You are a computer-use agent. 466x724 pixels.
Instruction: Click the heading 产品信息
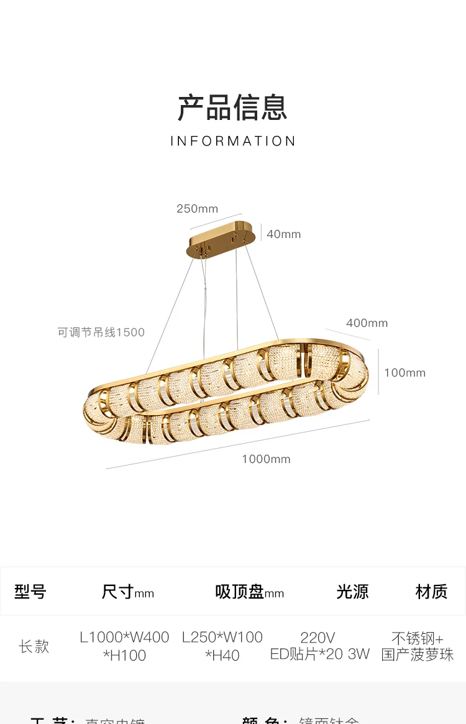(232, 108)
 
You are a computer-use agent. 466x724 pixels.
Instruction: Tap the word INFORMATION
(233, 141)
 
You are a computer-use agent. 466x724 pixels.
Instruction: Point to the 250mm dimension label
(197, 209)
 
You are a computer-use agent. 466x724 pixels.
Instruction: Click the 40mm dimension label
(283, 234)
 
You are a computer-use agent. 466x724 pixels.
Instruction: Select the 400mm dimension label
(367, 323)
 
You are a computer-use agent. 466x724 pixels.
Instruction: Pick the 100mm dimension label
(404, 373)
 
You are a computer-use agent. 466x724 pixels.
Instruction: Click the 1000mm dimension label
(266, 459)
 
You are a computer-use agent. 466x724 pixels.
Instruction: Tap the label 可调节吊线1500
(101, 332)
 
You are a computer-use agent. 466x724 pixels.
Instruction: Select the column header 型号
(30, 592)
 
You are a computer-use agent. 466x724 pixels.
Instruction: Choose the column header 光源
(352, 592)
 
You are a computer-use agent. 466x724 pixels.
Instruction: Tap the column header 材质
(431, 592)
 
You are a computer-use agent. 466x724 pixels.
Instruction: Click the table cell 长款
(34, 646)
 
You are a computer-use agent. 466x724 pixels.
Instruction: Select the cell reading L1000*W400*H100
(124, 646)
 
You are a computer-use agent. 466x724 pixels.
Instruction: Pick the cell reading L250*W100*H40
(222, 646)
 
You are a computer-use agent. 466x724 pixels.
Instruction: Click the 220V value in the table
(318, 638)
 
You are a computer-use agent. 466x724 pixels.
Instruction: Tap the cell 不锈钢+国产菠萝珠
(418, 646)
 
